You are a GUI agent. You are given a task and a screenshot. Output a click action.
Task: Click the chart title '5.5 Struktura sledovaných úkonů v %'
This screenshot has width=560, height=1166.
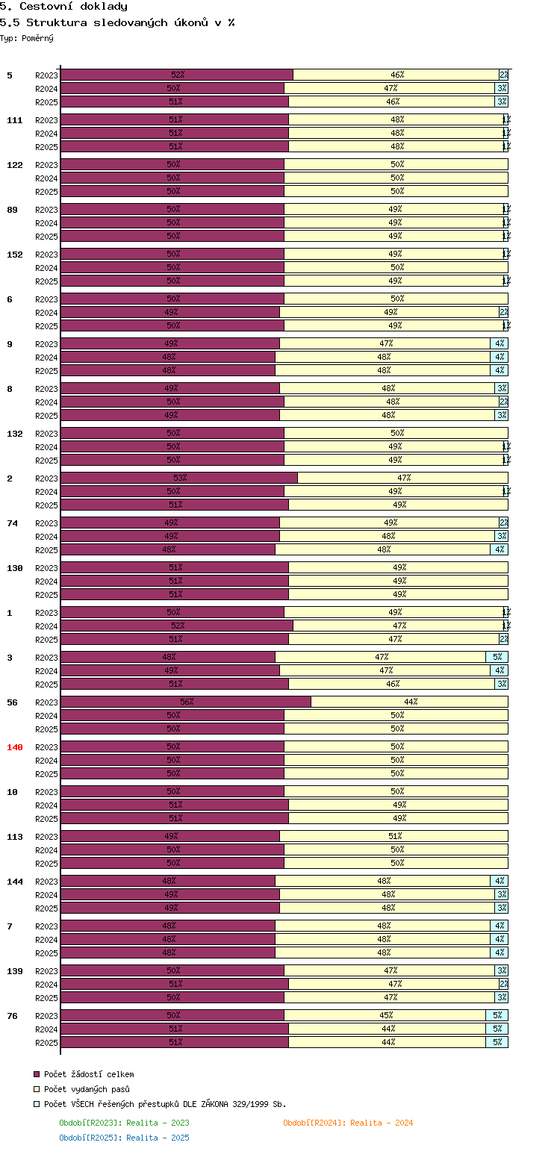point(117,22)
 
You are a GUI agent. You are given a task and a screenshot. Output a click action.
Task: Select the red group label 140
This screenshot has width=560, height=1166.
point(15,747)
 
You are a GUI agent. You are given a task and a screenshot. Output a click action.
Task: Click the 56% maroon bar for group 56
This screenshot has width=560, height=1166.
point(186,702)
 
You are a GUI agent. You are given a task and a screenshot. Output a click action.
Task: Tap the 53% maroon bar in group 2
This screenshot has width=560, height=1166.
point(179,478)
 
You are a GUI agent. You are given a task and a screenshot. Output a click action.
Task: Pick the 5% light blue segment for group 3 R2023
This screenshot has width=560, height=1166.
point(497,657)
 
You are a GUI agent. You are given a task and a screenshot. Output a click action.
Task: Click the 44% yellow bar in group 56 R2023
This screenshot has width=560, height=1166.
point(410,702)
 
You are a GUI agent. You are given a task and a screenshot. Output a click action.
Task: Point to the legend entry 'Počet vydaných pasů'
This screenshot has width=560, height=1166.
point(87,1089)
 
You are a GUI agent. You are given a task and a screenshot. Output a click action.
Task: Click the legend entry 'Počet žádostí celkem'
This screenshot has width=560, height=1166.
point(89,1074)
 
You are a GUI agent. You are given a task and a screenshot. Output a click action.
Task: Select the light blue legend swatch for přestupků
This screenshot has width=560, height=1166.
point(37,1104)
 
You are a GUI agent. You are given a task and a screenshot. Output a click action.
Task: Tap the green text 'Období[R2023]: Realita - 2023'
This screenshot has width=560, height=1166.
point(124,1123)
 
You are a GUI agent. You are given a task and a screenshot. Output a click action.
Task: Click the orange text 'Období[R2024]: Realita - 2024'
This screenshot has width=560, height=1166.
point(348,1123)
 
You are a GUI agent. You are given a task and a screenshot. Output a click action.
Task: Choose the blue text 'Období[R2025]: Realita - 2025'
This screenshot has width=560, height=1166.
point(124,1138)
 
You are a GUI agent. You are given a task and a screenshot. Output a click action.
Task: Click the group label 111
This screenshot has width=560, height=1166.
point(15,120)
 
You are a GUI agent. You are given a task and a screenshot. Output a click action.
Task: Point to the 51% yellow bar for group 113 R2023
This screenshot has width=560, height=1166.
point(394,836)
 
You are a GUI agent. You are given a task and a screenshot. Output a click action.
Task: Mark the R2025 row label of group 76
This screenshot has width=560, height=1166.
point(46,1043)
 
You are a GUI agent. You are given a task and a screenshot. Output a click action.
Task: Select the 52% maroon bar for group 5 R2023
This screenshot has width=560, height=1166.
point(177,75)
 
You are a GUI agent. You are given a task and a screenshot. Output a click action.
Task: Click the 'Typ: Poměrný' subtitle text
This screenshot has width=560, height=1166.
point(27,38)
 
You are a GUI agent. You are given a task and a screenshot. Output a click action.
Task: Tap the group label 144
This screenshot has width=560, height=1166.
point(15,882)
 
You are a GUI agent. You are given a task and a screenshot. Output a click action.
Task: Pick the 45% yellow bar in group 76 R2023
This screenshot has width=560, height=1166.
point(385,1015)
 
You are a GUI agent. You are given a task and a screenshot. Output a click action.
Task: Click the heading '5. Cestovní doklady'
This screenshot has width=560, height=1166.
point(63,7)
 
